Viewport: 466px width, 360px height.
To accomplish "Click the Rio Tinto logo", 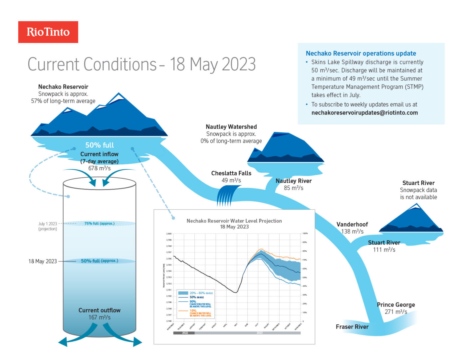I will [x=48, y=32].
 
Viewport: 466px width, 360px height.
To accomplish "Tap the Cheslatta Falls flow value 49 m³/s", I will [x=231, y=180].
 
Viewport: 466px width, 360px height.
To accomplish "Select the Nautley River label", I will [x=293, y=181].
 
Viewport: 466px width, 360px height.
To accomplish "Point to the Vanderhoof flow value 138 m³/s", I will [x=352, y=232].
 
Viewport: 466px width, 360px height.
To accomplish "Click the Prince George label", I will [x=396, y=305].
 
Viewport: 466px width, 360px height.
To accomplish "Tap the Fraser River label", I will [x=352, y=327].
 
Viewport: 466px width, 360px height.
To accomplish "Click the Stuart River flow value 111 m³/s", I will [x=384, y=250].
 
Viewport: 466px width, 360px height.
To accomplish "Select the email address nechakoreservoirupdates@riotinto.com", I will [x=364, y=113].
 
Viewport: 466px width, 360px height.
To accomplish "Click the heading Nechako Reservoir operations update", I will [x=361, y=53].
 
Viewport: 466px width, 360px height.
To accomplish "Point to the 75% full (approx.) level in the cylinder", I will [x=99, y=224].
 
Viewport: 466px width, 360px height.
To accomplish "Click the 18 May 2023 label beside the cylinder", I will [x=43, y=262].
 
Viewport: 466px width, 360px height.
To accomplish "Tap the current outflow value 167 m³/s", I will [x=99, y=317].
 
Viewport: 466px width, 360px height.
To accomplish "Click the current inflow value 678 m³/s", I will [x=99, y=168].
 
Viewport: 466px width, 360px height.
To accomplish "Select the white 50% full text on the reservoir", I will [x=99, y=145].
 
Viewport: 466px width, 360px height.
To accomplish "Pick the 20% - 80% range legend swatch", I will [x=183, y=293].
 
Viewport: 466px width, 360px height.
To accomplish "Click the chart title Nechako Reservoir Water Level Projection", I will [x=234, y=221].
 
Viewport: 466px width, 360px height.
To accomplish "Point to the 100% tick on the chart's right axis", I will [x=305, y=234].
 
